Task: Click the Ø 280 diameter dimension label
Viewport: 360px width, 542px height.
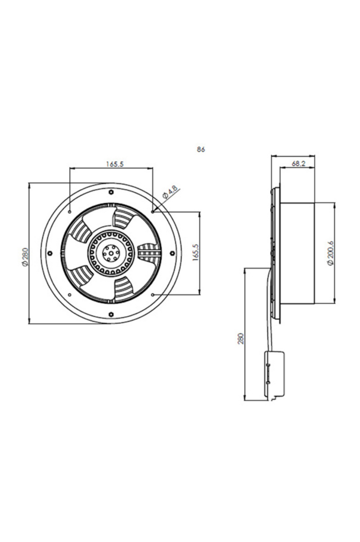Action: (25, 257)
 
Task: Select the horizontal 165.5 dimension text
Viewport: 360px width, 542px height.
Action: (115, 164)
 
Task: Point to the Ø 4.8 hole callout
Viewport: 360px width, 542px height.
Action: (170, 193)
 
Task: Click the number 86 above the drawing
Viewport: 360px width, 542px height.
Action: (201, 149)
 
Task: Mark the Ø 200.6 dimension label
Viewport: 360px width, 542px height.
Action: (330, 253)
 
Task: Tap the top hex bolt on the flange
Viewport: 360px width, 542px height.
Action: (111, 192)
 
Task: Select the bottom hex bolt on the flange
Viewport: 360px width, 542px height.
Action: (111, 314)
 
